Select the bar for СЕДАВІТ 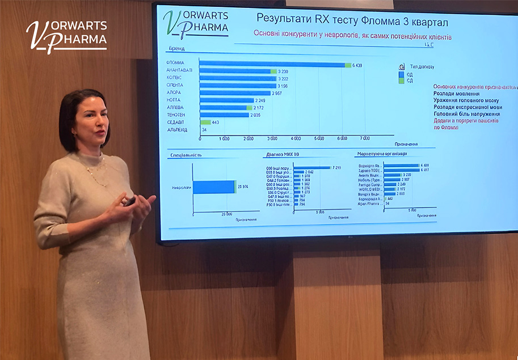coord(205,122)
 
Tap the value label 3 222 coord(284,78)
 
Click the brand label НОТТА coord(175,100)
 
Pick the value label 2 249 coord(260,100)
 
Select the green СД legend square coord(402,81)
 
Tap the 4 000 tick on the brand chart coord(296,138)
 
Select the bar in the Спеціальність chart coord(214,187)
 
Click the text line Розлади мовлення coord(456,94)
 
